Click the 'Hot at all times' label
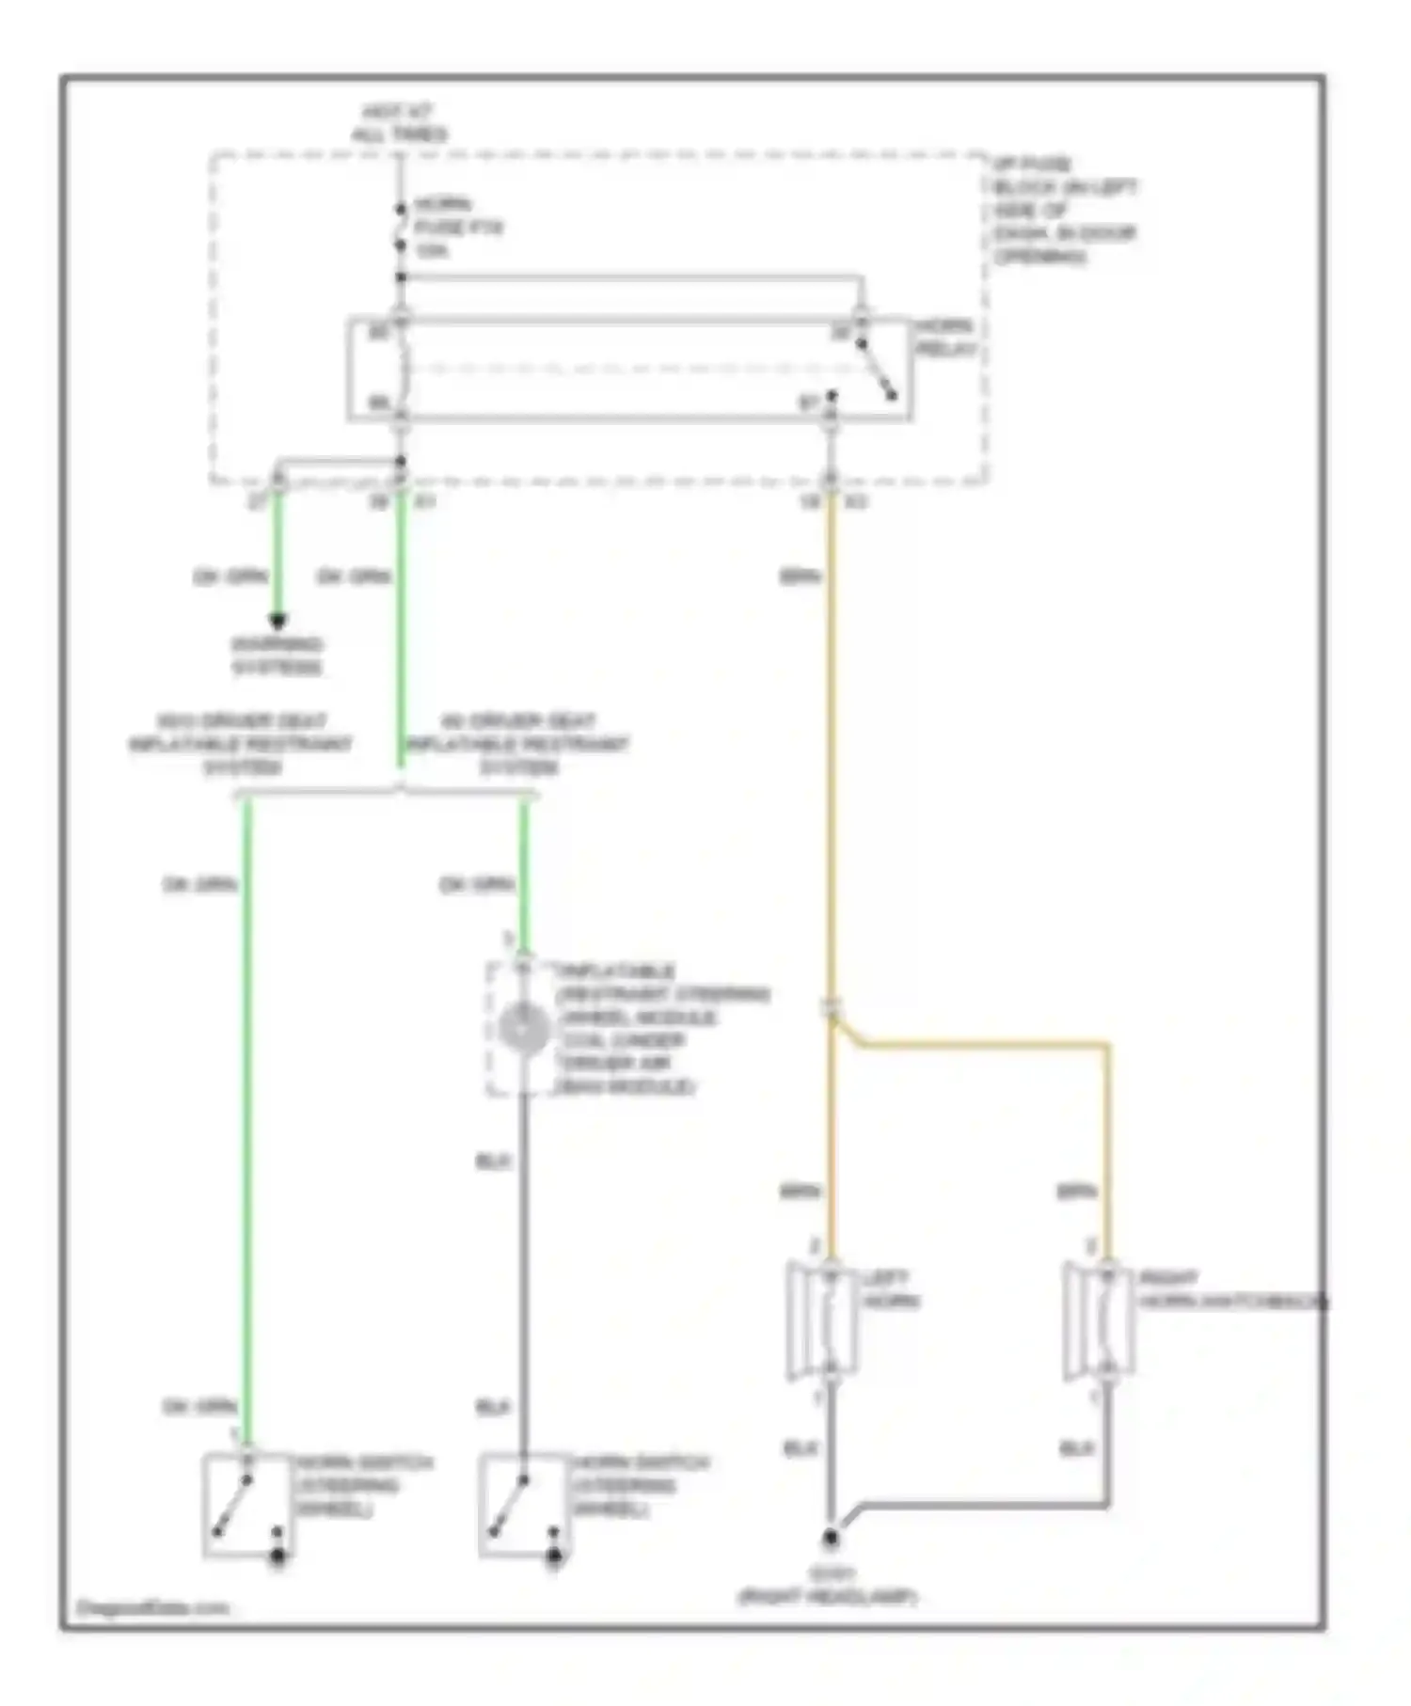tap(399, 123)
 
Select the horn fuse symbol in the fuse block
tap(402, 227)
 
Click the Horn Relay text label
tap(946, 338)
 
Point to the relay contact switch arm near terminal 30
tap(877, 370)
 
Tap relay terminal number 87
tap(809, 403)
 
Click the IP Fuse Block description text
tap(1064, 210)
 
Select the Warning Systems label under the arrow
tap(277, 656)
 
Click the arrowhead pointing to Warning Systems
tap(277, 621)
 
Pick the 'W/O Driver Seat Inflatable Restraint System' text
tap(241, 744)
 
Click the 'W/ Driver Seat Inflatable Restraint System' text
tap(518, 744)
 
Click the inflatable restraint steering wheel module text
tap(662, 1028)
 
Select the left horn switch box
tap(247, 1505)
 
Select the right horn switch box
tap(524, 1505)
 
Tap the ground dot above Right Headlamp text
tap(831, 1539)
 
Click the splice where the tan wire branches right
tap(832, 1010)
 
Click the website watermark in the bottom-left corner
tap(151, 1608)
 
